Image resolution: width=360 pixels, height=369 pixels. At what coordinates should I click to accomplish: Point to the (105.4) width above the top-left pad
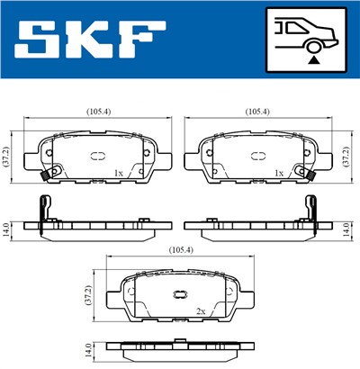[x=99, y=112]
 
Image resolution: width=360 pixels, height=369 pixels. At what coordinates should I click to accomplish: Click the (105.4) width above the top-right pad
[x=258, y=112]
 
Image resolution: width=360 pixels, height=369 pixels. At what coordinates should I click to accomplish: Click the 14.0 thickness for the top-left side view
[x=8, y=228]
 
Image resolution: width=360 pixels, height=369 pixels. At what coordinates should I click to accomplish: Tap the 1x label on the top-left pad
[x=118, y=173]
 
